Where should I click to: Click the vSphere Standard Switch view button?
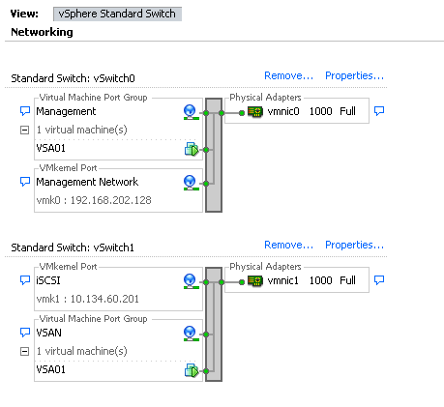(117, 14)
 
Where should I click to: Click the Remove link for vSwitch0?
(288, 75)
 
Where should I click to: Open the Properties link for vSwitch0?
(354, 75)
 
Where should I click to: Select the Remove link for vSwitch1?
(288, 245)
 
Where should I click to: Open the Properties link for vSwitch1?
(354, 245)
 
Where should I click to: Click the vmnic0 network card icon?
(255, 112)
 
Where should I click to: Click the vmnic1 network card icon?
(255, 281)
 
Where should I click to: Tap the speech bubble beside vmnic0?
(379, 111)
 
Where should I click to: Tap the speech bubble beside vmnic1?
(379, 280)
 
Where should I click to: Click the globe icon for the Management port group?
(191, 112)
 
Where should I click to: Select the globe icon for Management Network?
(191, 183)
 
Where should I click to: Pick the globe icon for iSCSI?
(191, 281)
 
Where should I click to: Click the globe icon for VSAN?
(191, 334)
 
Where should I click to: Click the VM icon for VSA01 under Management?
(192, 149)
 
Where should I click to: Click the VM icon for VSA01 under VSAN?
(192, 370)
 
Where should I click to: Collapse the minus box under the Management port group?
(24, 131)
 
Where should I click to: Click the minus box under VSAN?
(24, 351)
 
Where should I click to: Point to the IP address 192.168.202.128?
(111, 200)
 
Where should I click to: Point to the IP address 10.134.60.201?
(104, 299)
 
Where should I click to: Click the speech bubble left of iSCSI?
(25, 280)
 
